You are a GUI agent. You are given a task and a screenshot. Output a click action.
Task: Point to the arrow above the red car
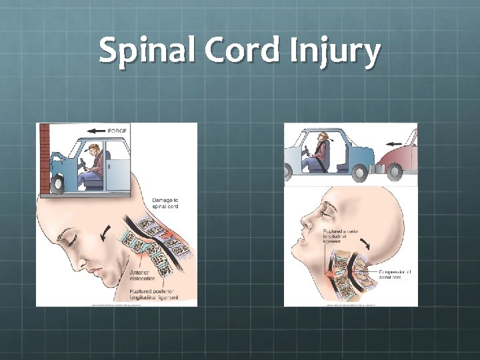(x=395, y=141)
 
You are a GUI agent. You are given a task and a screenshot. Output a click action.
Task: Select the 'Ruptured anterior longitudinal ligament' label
(x=343, y=235)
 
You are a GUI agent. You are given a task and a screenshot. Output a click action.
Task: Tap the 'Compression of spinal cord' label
(x=397, y=275)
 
